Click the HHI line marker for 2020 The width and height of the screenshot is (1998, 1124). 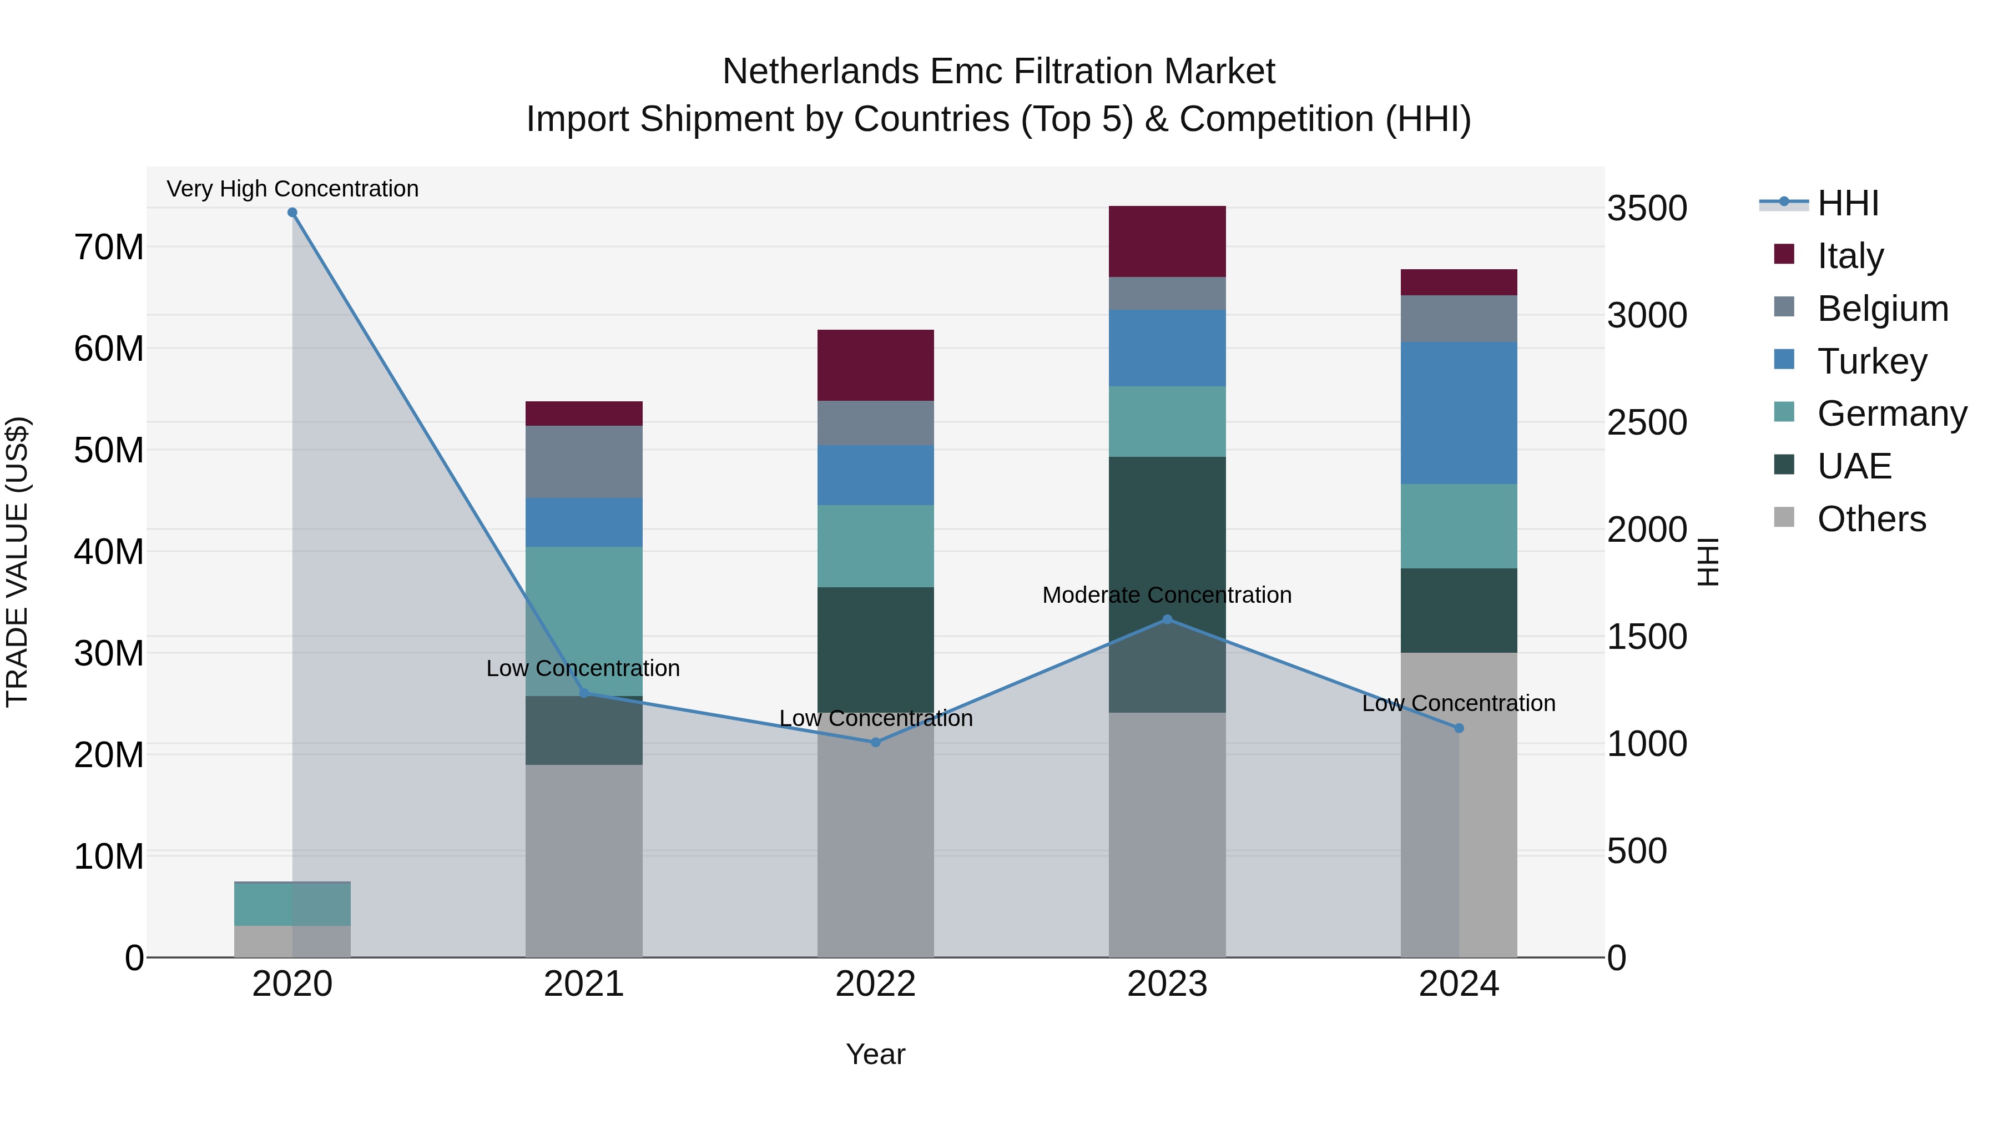point(292,213)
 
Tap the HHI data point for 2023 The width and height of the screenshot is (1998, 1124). point(1167,620)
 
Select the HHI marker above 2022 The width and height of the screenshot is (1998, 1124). point(876,742)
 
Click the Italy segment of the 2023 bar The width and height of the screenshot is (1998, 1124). point(1167,241)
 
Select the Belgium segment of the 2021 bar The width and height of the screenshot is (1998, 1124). point(584,462)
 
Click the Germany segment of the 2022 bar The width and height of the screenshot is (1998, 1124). point(876,546)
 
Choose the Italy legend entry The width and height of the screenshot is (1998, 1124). point(1850,256)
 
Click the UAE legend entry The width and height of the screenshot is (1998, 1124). point(1854,466)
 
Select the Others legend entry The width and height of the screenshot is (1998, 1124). point(1871,519)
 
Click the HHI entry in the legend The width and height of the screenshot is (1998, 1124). point(1848,203)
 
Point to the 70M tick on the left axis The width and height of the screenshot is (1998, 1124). point(109,248)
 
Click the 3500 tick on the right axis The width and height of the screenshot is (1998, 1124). point(1647,208)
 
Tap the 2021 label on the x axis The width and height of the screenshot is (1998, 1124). point(584,984)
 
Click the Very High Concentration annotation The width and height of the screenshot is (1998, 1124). point(292,189)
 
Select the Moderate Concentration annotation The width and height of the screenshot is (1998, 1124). point(1167,595)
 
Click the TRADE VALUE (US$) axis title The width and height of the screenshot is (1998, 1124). point(17,562)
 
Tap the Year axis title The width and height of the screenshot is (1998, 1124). point(876,1054)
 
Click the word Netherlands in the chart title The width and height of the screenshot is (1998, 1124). point(821,72)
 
